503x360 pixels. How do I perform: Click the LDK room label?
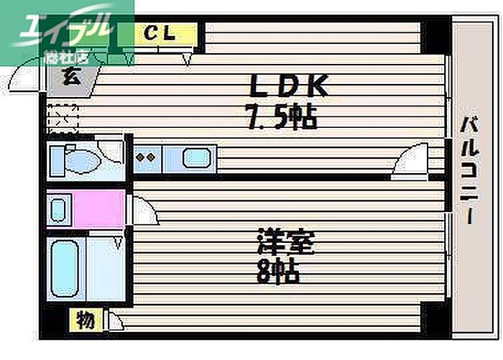click(289, 88)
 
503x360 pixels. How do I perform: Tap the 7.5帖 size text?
click(281, 116)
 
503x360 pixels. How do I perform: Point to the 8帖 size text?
click(278, 272)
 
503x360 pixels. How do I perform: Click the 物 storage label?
click(86, 320)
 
